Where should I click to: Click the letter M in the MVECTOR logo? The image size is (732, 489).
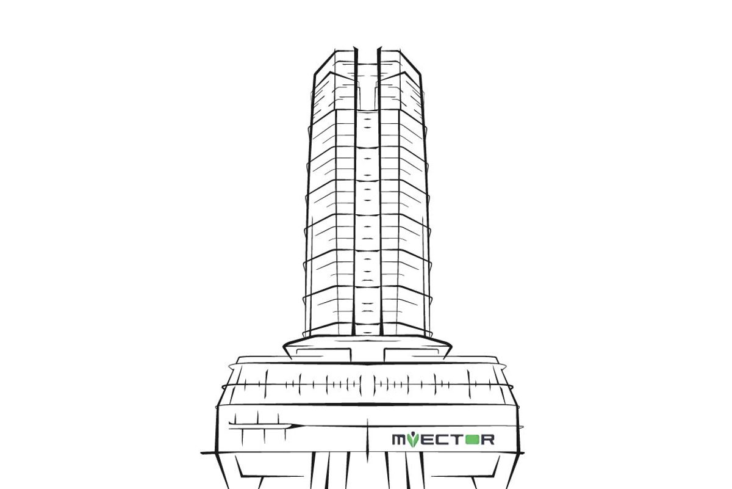[x=400, y=440]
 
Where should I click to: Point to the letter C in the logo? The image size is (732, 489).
[x=442, y=440]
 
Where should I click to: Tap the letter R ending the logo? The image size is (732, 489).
[x=487, y=440]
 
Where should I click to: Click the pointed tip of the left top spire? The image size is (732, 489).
[x=355, y=47]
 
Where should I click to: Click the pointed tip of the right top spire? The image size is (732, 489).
[x=380, y=47]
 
